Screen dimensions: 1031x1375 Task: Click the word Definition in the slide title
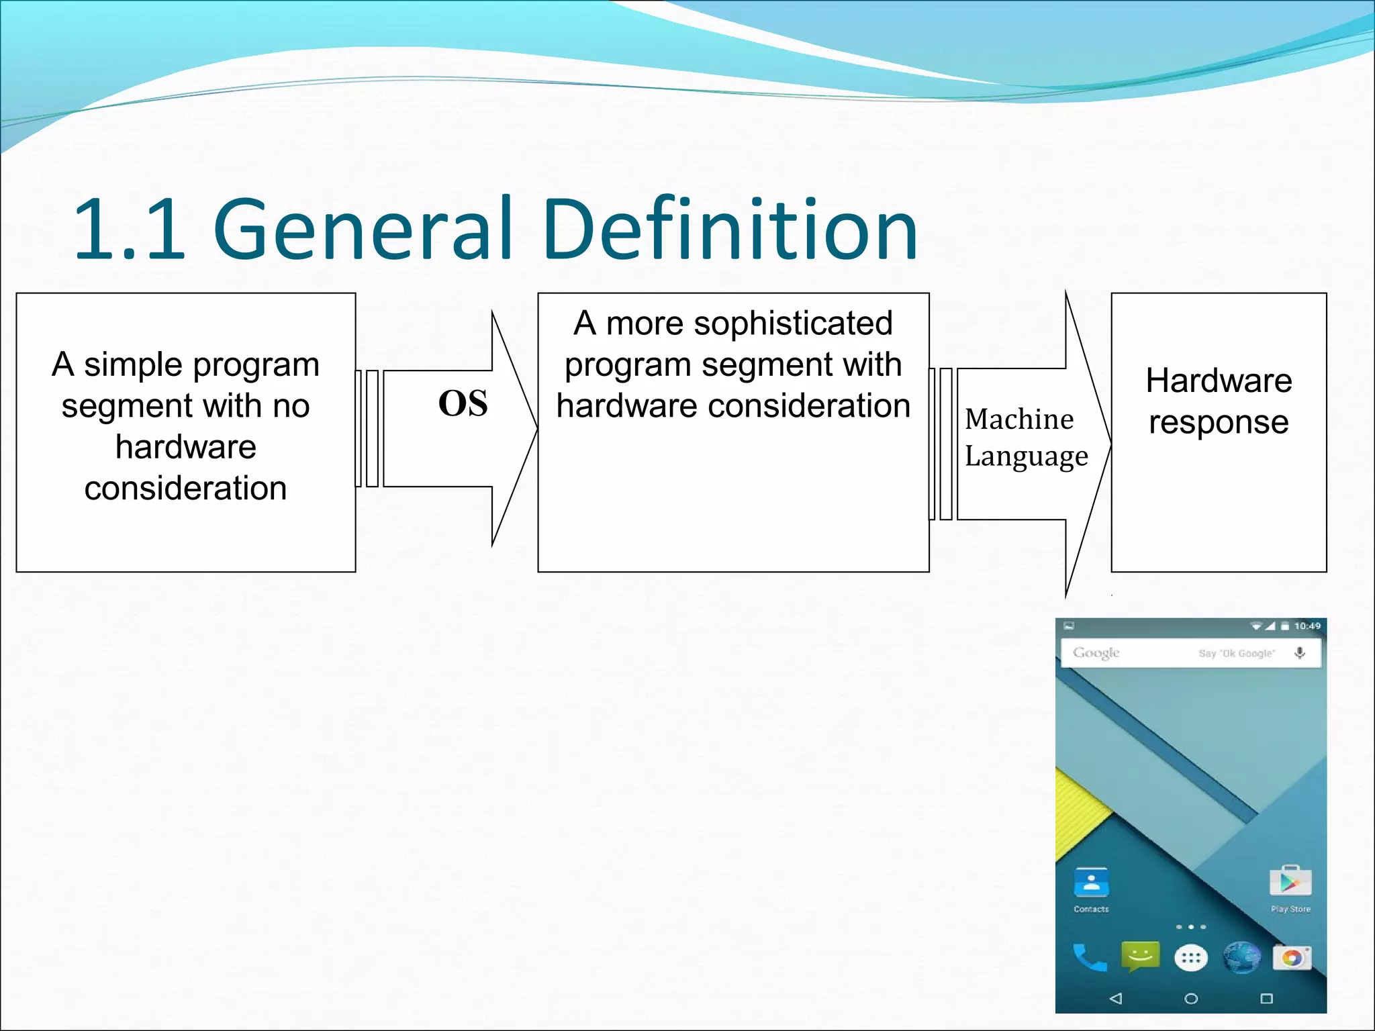coord(730,230)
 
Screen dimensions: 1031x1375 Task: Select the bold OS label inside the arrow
coord(463,404)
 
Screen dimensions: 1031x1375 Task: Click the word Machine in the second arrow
coord(1019,420)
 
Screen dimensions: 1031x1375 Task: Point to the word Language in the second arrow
coord(1026,457)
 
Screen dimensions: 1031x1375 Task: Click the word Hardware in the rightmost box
coord(1219,381)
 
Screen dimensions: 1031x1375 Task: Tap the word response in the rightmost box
coord(1219,423)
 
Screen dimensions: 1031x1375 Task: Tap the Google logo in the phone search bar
coord(1096,652)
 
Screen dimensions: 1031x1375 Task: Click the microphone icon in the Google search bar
coord(1300,652)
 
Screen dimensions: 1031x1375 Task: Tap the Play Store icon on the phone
coord(1290,882)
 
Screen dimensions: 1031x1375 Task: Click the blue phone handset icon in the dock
coord(1089,958)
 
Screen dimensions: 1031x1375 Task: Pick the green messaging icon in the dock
coord(1140,956)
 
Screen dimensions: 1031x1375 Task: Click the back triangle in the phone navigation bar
coord(1116,998)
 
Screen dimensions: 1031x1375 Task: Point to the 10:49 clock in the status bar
coord(1307,626)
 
